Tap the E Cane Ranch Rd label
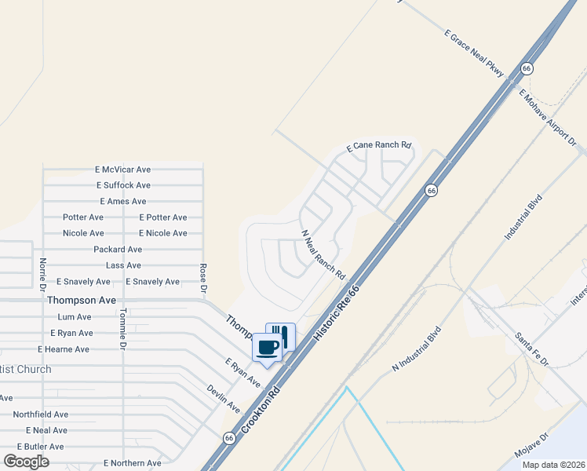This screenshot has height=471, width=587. pyautogui.click(x=380, y=146)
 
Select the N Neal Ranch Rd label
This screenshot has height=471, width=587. pyautogui.click(x=323, y=255)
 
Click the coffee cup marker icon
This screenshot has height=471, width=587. pyautogui.click(x=267, y=347)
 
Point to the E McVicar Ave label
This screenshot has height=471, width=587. pyautogui.click(x=122, y=169)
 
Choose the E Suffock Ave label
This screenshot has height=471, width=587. pyautogui.click(x=123, y=185)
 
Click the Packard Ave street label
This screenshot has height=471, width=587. pyautogui.click(x=118, y=249)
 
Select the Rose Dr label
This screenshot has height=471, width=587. pyautogui.click(x=203, y=279)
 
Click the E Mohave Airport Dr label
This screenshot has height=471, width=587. pyautogui.click(x=548, y=118)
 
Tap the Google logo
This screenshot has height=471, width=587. pyautogui.click(x=26, y=461)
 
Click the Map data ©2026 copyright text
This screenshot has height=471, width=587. pyautogui.click(x=553, y=464)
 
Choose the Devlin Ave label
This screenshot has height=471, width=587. pyautogui.click(x=224, y=399)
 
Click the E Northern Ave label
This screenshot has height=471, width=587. pyautogui.click(x=132, y=463)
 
